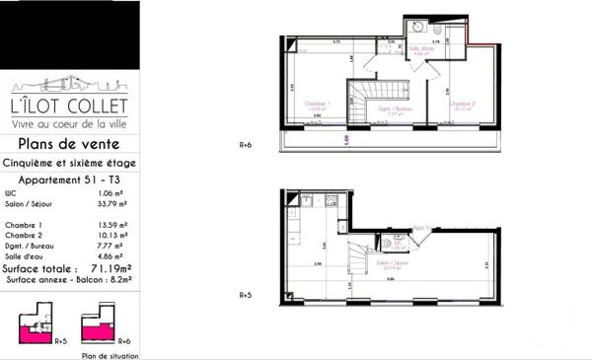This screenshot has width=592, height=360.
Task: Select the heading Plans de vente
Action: pos(68,144)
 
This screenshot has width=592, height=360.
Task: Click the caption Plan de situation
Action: pos(107,353)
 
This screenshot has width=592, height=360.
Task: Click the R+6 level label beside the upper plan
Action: pos(247,142)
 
